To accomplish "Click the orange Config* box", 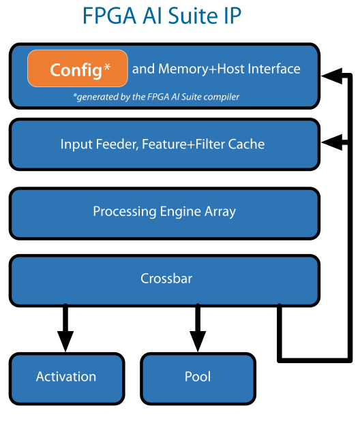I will coord(77,69).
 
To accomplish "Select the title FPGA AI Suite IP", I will coord(162,16).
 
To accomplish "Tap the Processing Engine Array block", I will coord(164,212).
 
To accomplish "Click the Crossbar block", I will coord(164,279).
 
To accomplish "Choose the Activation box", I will coord(66,377).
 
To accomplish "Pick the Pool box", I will coord(198,377).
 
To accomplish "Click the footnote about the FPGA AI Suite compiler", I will coord(156,97).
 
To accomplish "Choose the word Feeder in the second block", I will coord(110,144).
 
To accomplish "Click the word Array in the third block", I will coord(219,212).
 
